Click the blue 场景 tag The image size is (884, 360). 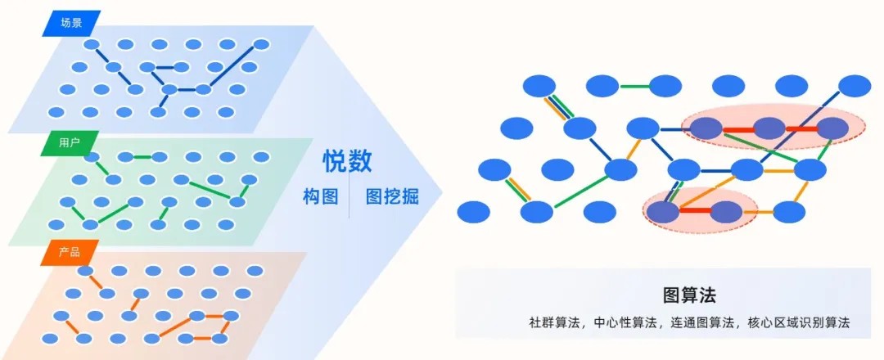pyautogui.click(x=71, y=23)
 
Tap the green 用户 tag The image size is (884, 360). pyautogui.click(x=70, y=143)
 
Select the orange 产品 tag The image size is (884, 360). pyautogui.click(x=70, y=252)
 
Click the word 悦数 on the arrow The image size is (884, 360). pyautogui.click(x=347, y=161)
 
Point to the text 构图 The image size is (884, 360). pyautogui.click(x=320, y=197)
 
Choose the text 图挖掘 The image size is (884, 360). pyautogui.click(x=392, y=197)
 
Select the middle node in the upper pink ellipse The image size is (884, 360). pyautogui.click(x=769, y=128)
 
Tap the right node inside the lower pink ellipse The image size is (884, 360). pyautogui.click(x=726, y=212)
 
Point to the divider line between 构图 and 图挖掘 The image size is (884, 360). pyautogui.click(x=350, y=197)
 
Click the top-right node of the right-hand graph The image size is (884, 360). pyautogui.click(x=855, y=85)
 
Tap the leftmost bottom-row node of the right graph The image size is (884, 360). pyautogui.click(x=473, y=212)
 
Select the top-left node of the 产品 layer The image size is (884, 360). pyautogui.click(x=85, y=271)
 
